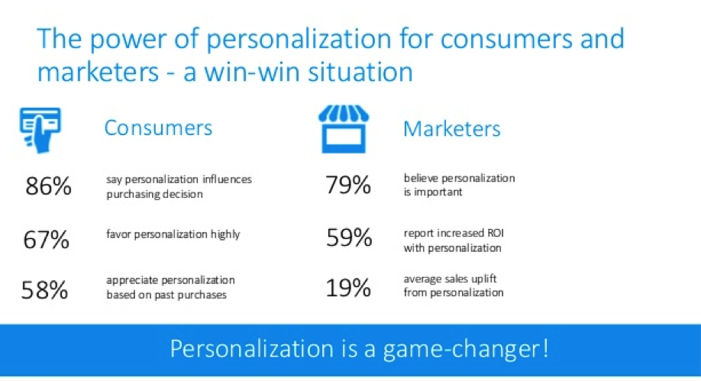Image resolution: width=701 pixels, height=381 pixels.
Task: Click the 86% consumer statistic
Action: pos(48,186)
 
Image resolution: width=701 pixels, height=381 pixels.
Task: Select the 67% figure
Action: pos(46,239)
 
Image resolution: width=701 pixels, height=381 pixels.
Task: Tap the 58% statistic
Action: pos(45,290)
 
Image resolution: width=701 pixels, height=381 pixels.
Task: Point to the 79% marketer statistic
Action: pos(348,185)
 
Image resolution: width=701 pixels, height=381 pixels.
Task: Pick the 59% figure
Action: pos(349,237)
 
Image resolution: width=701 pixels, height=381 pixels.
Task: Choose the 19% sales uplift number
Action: pos(348,288)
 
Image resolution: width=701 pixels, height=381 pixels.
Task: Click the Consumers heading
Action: pos(158,128)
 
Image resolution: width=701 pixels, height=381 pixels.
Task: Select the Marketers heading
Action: pos(451,129)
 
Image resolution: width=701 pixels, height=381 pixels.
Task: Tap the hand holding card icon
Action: pos(40,130)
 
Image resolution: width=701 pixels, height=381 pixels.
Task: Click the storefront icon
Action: pos(344,129)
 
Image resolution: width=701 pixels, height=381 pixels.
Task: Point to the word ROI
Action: pos(495,233)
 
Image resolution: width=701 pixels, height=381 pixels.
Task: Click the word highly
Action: pos(225,234)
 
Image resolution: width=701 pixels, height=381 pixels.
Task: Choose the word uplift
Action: pos(483,279)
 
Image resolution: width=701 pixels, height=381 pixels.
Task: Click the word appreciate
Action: pos(132,281)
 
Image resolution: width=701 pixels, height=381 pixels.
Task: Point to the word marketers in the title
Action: pos(98,72)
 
